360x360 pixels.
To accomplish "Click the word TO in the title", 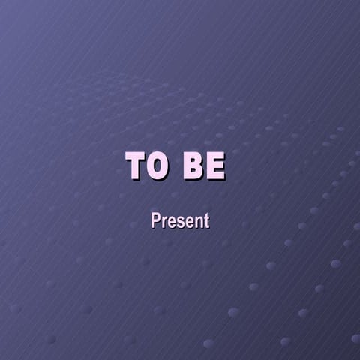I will (147, 166).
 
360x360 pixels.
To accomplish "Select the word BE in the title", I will (203, 166).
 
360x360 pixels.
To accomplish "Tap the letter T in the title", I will (136, 166).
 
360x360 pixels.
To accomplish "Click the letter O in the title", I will (157, 166).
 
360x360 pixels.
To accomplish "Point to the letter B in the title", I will (193, 166).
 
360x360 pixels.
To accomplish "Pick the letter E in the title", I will (214, 166).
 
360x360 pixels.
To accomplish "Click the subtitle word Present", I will (180, 221).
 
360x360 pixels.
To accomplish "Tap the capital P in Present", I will (155, 221).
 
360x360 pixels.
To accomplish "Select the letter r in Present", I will (163, 223).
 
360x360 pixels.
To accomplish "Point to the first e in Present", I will (170, 223).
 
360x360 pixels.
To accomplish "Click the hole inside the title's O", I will (157, 166).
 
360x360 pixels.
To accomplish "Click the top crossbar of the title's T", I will (136, 156).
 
